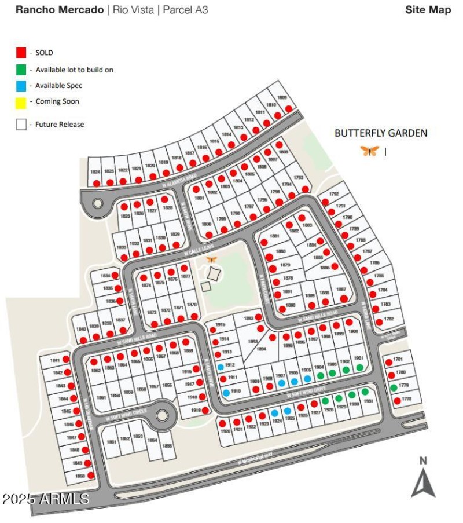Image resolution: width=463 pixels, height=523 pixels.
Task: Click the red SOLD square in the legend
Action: coord(21,53)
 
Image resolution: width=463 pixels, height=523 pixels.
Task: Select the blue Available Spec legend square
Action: coord(21,86)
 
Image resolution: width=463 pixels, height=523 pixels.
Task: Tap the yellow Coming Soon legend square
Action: coord(21,102)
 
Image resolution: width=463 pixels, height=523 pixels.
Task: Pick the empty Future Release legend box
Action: coord(21,124)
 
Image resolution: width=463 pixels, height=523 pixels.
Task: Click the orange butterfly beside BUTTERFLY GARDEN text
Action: coord(370,151)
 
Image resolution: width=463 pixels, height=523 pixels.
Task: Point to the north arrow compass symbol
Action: coord(423,478)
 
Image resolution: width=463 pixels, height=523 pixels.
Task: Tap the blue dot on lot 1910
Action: coord(226,392)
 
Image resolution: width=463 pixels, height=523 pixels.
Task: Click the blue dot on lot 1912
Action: coord(221,367)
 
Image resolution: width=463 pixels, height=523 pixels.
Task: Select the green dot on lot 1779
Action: coord(394,387)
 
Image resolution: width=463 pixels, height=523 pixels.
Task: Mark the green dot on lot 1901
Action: coord(359,367)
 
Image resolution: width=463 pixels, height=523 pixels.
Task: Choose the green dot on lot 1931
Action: coord(365,392)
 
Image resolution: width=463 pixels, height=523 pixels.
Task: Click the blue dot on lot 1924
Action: coord(274,413)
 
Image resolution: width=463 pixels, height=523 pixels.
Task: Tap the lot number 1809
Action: coord(282,97)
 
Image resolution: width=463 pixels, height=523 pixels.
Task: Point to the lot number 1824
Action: coord(95,172)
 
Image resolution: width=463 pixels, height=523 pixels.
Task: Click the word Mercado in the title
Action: coord(80,10)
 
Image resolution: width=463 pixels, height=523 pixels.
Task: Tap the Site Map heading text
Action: coord(428,10)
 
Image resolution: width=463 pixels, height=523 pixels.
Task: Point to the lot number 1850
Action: coord(80,476)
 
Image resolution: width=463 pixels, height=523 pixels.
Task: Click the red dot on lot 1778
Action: coord(397,400)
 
